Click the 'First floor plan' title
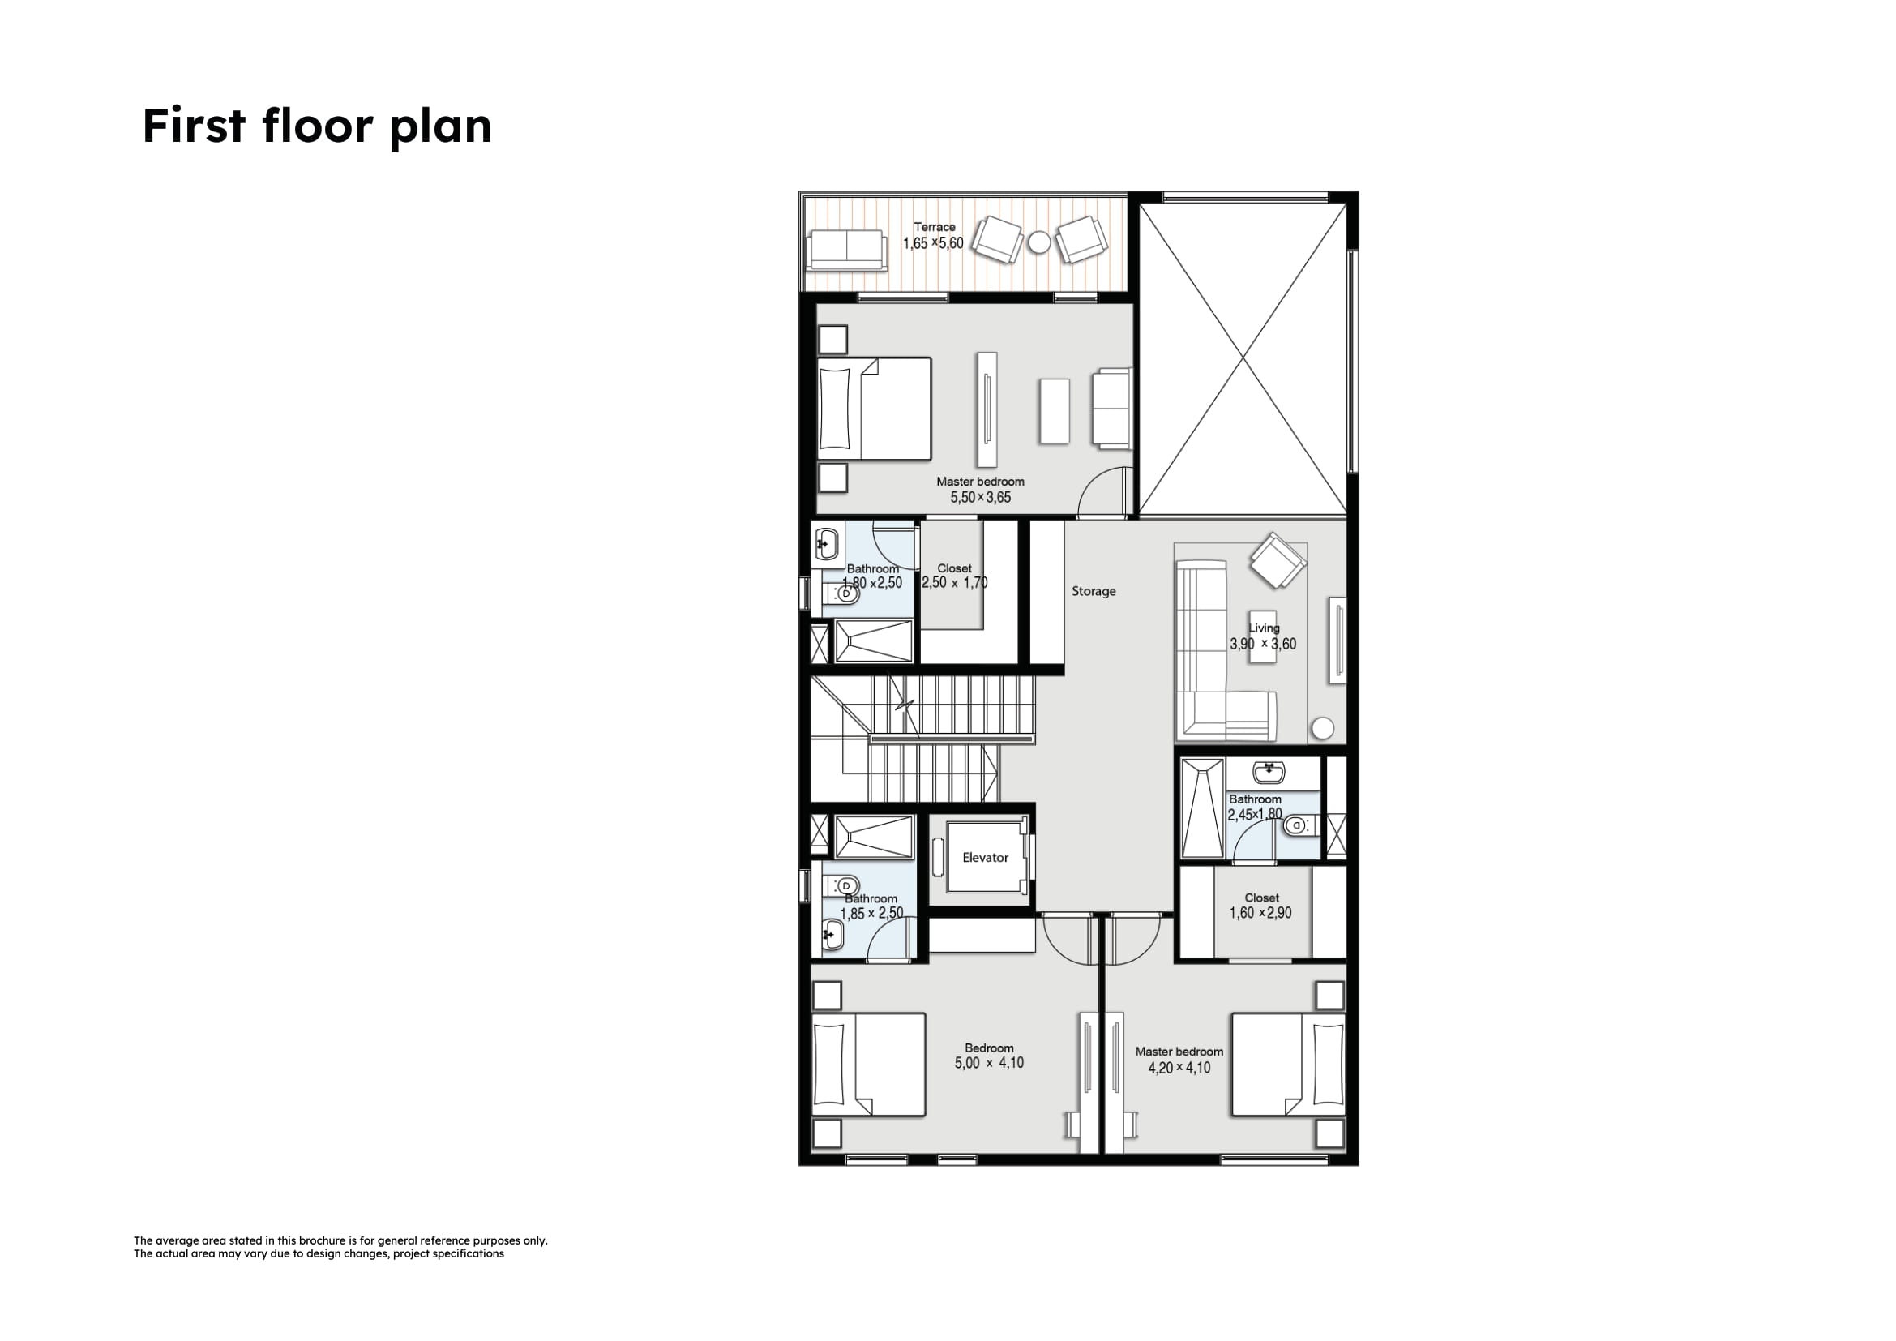pos(317,126)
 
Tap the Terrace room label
pos(934,227)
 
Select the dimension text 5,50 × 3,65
pos(980,497)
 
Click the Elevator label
pos(985,857)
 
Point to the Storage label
pos(1094,591)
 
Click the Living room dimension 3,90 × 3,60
pos(1263,644)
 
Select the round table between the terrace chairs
pos(1039,242)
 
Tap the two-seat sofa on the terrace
pos(847,251)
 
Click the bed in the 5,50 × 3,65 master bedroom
pos(875,408)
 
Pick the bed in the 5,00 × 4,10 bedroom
pos(869,1065)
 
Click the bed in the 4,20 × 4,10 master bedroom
pos(1288,1065)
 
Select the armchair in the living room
pos(1278,561)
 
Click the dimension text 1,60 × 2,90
pos(1260,912)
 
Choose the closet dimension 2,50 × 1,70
pos(955,582)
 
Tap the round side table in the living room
pos(1323,727)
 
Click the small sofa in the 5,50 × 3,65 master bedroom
pos(1111,409)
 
